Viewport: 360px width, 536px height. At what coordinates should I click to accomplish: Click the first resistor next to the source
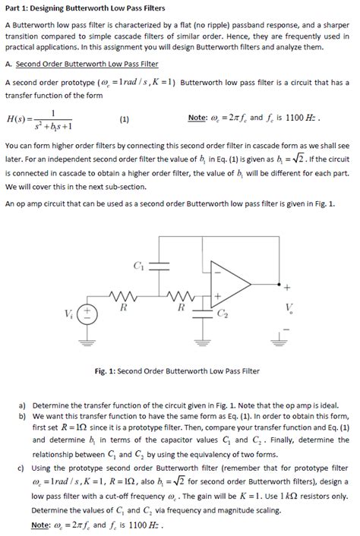pos(121,296)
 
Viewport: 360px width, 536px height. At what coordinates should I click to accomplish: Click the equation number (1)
pos(124,119)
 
